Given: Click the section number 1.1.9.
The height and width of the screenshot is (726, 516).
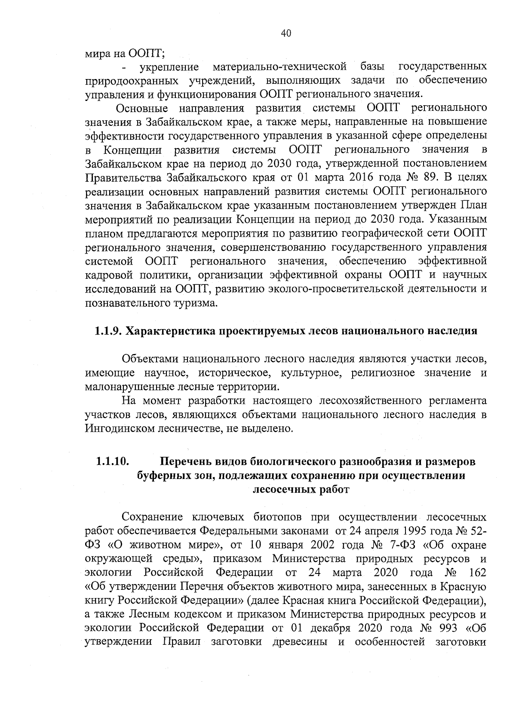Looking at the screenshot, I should pyautogui.click(x=107, y=331).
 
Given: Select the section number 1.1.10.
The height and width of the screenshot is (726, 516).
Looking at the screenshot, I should pyautogui.click(x=112, y=462).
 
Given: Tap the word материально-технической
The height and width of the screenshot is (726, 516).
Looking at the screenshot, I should pyautogui.click(x=280, y=67).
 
